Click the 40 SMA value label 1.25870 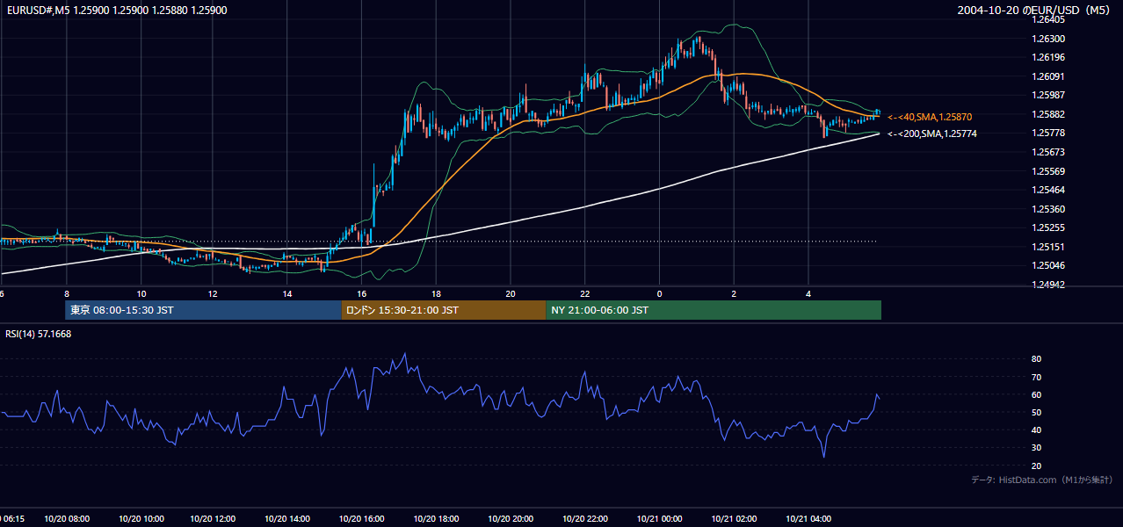click(930, 117)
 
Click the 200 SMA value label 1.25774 click(932, 134)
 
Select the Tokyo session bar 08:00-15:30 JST click(203, 310)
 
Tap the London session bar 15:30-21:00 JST click(444, 310)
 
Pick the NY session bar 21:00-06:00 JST click(714, 310)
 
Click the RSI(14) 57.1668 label click(38, 334)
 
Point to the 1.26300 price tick click(1048, 39)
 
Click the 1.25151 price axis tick click(1048, 247)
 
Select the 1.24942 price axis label click(1048, 285)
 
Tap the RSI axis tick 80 click(1036, 358)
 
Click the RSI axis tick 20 click(1036, 466)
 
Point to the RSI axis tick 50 click(1036, 412)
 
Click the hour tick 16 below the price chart click(361, 294)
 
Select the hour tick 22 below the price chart click(584, 294)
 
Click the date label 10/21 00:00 click(659, 519)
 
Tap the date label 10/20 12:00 click(213, 519)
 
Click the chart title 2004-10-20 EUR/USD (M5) click(1033, 10)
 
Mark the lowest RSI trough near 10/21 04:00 click(823, 457)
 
